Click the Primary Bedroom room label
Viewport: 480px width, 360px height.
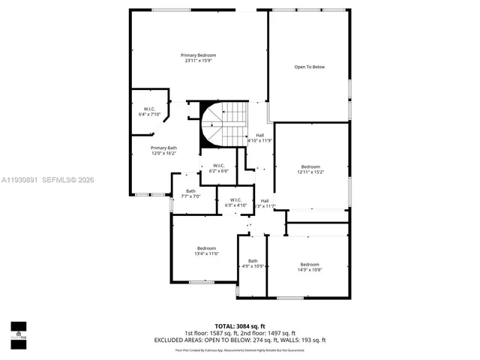198,55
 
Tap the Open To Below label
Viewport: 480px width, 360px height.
309,67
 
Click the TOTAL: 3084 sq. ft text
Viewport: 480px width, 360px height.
240,325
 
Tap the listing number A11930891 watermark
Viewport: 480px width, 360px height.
19,180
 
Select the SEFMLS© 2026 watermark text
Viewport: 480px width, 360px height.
67,180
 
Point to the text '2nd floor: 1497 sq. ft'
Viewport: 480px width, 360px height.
268,333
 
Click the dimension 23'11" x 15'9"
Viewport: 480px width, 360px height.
198,60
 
